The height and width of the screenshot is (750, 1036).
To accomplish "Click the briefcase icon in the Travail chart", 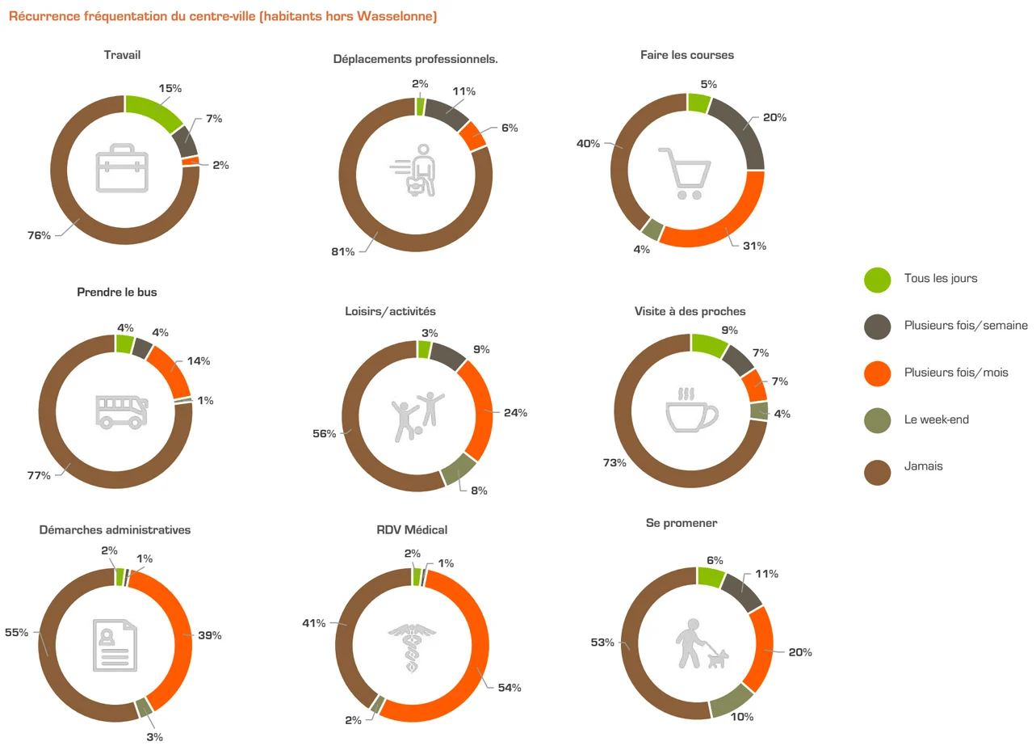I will point(124,169).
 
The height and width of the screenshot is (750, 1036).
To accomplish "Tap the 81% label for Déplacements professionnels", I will point(342,251).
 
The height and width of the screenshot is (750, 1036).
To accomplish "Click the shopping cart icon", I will point(686,173).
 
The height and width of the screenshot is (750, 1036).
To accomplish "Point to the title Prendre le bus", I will point(117,292).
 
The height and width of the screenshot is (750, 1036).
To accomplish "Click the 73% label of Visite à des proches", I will point(614,463).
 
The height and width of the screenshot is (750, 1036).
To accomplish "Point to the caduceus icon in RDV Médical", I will point(411,647).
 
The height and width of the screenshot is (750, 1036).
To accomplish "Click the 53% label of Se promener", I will point(602,643).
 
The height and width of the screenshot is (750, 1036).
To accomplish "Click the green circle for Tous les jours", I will point(877,279).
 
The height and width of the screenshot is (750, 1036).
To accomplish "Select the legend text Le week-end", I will point(936,419).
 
